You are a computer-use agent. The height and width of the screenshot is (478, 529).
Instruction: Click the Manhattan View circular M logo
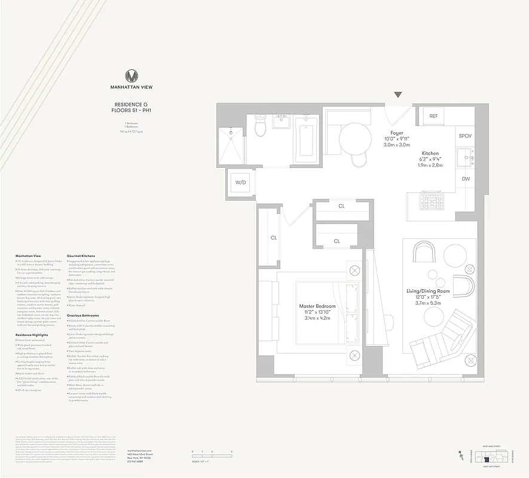click(132, 76)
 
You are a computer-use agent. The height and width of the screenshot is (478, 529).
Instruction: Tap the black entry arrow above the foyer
click(398, 95)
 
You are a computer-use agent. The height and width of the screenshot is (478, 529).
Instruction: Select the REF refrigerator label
click(433, 116)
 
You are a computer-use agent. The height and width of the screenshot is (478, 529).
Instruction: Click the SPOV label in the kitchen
click(465, 136)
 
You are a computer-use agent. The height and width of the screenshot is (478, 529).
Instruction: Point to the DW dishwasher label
click(465, 179)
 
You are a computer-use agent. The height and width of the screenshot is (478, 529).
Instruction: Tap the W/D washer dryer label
click(241, 182)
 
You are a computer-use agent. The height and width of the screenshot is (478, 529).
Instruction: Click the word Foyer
click(397, 133)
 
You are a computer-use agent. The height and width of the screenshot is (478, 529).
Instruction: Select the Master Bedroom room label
click(317, 307)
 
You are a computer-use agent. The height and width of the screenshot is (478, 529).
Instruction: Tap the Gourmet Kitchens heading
click(81, 255)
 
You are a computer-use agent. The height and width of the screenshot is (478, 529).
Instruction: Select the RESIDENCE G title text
click(131, 105)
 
